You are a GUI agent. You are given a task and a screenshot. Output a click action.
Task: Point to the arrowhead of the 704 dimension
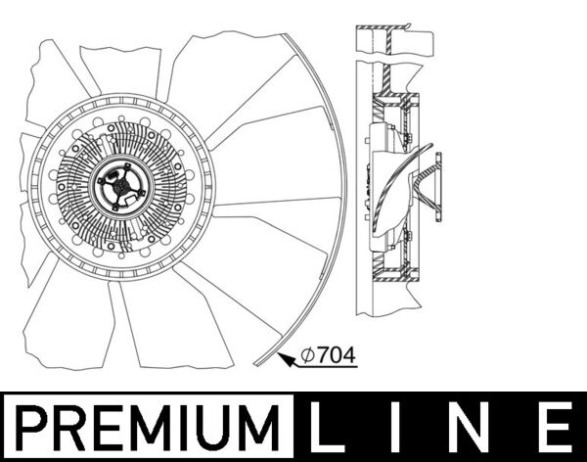point(285,359)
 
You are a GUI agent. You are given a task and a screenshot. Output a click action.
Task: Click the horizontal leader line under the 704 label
point(328,368)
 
